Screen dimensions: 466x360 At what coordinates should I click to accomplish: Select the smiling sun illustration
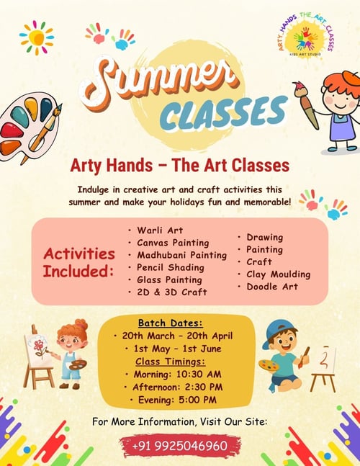click(x=37, y=37)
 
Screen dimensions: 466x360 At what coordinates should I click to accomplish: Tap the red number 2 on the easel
click(x=326, y=357)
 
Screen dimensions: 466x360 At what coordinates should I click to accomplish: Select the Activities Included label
click(x=79, y=262)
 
